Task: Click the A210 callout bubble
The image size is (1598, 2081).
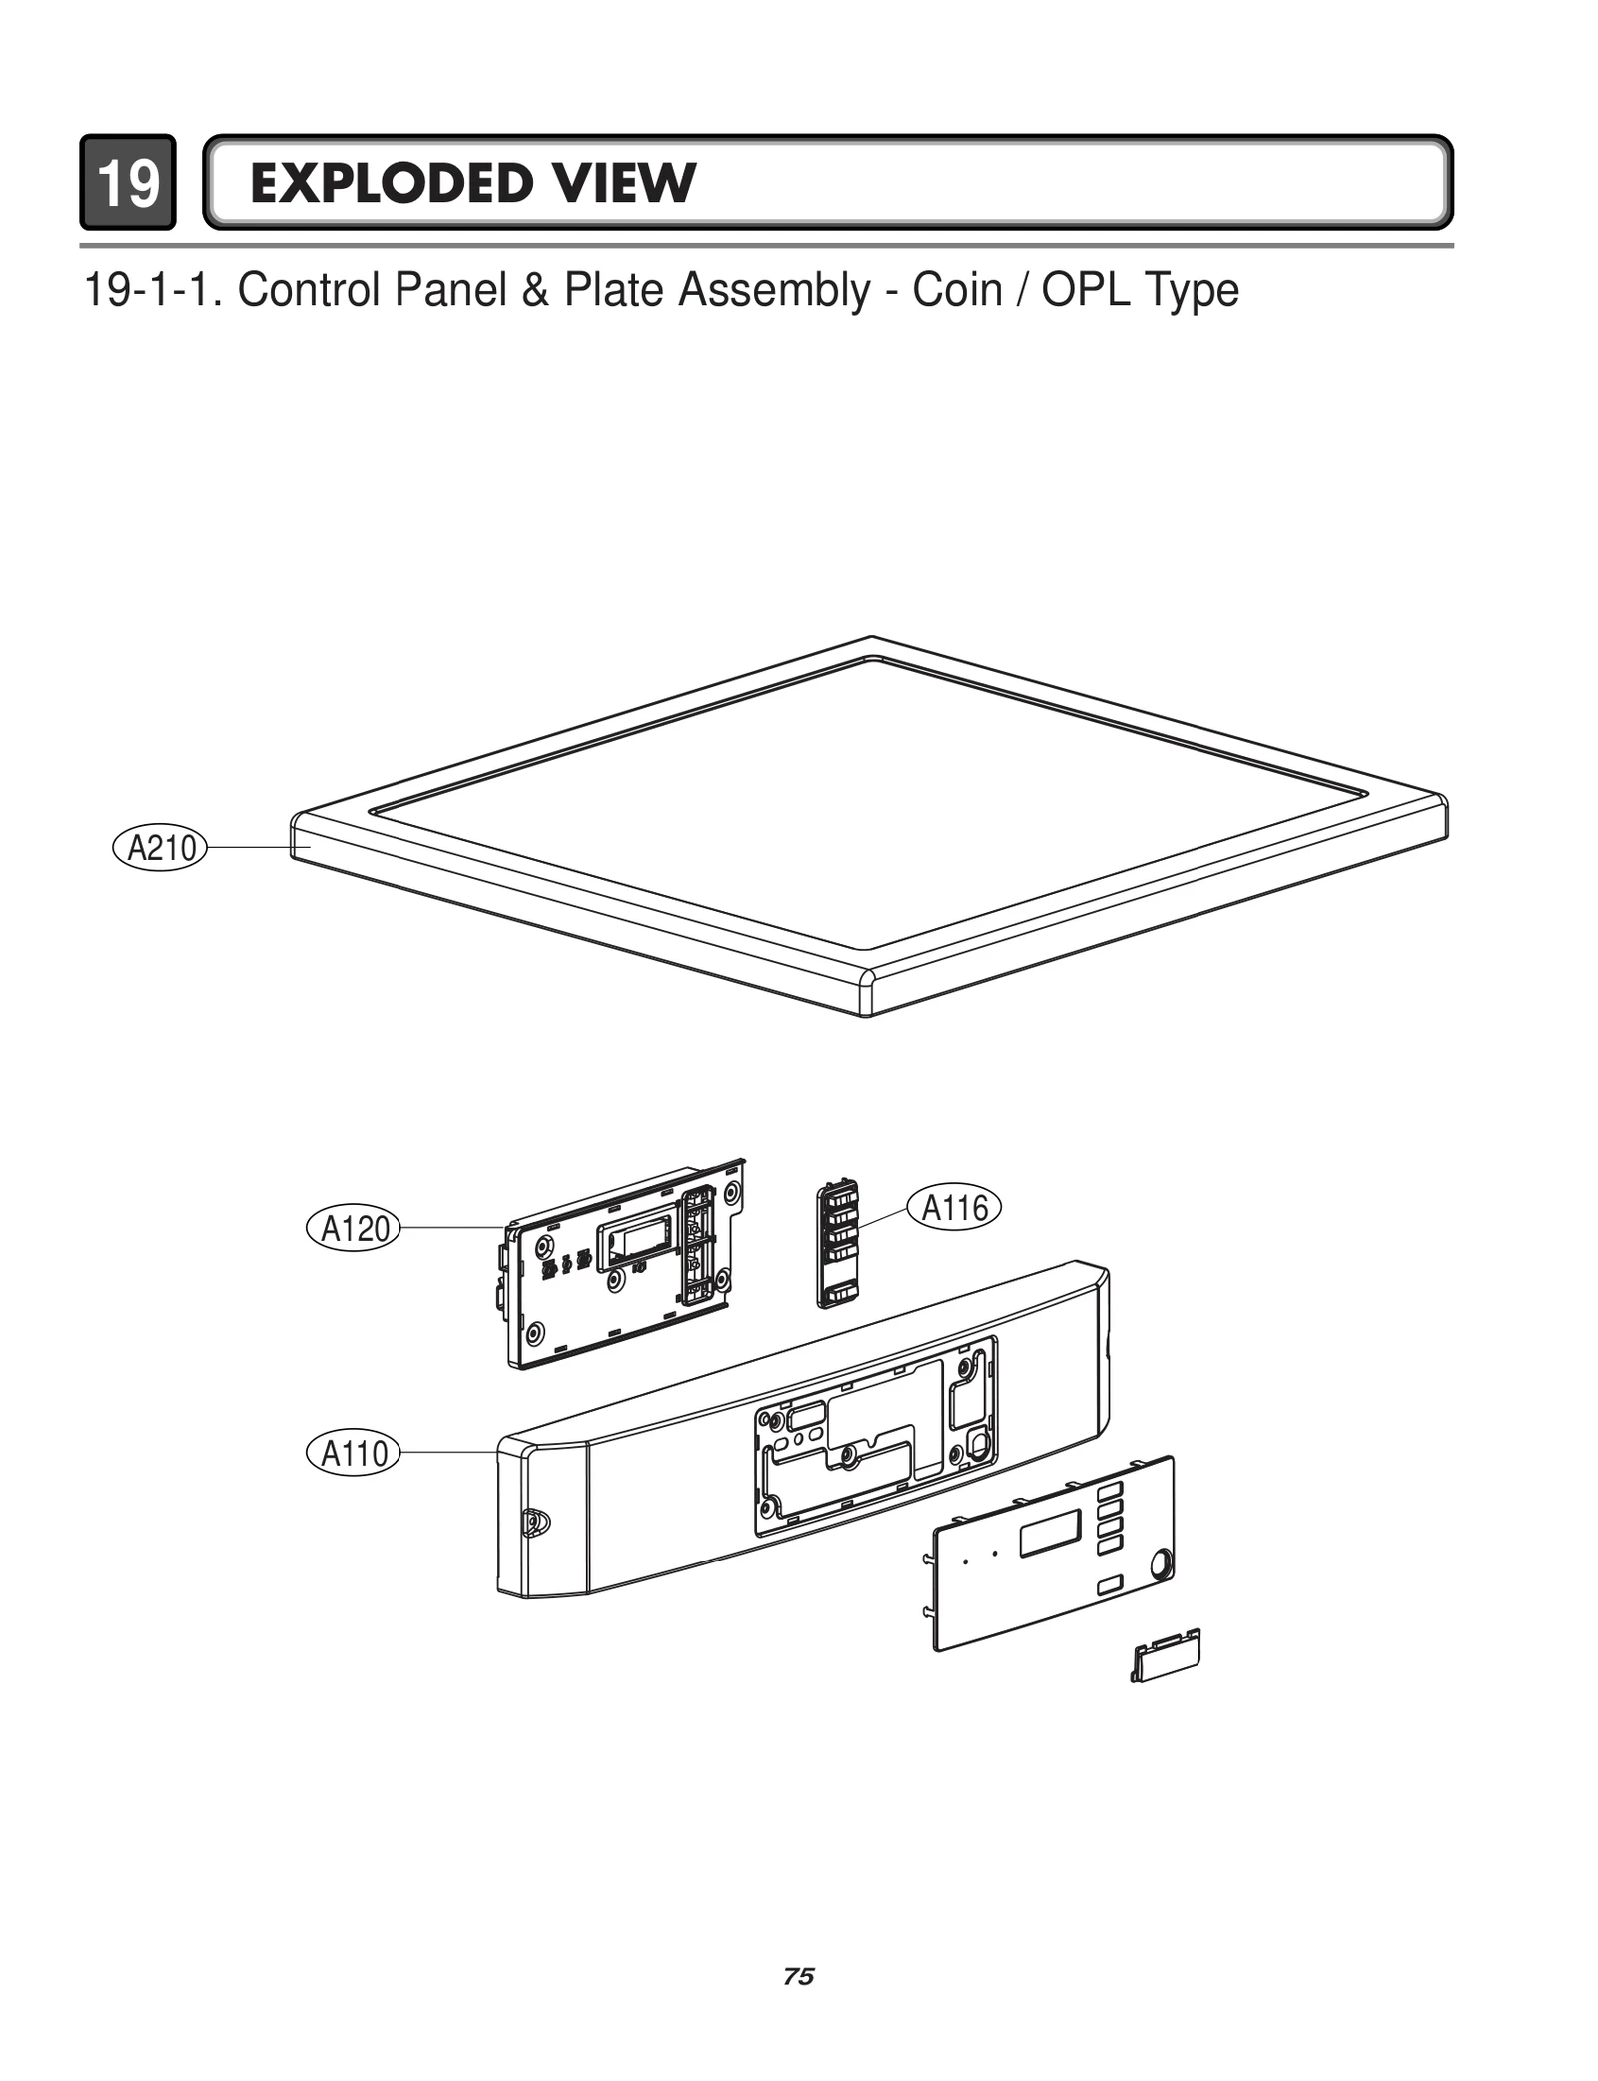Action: [x=159, y=848]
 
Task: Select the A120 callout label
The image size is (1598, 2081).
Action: [x=353, y=1228]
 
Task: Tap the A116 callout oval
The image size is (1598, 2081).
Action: [x=953, y=1208]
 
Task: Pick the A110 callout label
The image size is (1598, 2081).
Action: [x=353, y=1453]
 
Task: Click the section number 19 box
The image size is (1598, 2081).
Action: [x=128, y=183]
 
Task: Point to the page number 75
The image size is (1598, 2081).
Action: [x=798, y=1976]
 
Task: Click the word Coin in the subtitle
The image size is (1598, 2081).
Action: [x=956, y=291]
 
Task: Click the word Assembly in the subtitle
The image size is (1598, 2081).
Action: [x=774, y=291]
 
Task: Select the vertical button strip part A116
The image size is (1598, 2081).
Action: [x=838, y=1244]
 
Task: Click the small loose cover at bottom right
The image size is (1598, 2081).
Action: [x=1166, y=1657]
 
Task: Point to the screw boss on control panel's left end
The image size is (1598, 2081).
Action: [x=535, y=1522]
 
